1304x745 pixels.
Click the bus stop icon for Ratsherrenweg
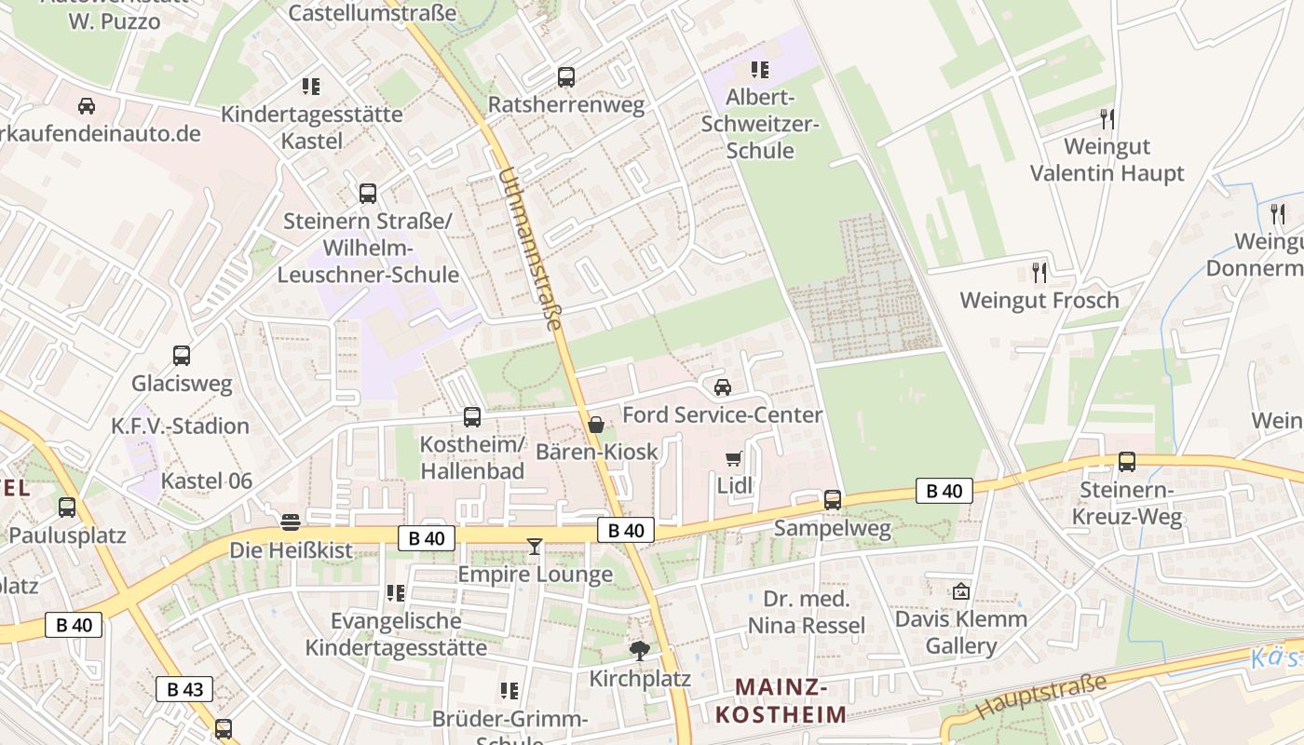(x=566, y=77)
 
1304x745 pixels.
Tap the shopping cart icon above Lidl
(x=733, y=457)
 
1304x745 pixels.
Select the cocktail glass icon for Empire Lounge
(x=534, y=547)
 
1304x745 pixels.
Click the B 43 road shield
(x=184, y=689)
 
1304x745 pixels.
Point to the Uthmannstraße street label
(x=530, y=249)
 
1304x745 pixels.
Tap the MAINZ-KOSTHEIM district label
(x=781, y=701)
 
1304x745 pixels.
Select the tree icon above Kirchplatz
(x=639, y=650)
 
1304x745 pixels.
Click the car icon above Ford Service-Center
(x=722, y=386)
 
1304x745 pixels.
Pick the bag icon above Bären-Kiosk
(x=596, y=425)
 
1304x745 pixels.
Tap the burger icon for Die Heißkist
(x=291, y=521)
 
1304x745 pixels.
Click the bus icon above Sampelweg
(x=833, y=500)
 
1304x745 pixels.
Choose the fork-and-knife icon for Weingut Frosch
(x=1039, y=273)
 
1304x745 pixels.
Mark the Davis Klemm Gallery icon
(x=961, y=591)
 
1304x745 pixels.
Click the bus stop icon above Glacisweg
(x=182, y=355)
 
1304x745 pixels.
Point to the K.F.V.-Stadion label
(x=181, y=427)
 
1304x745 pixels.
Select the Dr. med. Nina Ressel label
(x=807, y=612)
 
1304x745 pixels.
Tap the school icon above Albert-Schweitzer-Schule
(x=760, y=70)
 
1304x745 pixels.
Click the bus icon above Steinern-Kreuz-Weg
(x=1127, y=461)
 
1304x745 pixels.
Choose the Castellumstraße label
(x=373, y=13)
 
